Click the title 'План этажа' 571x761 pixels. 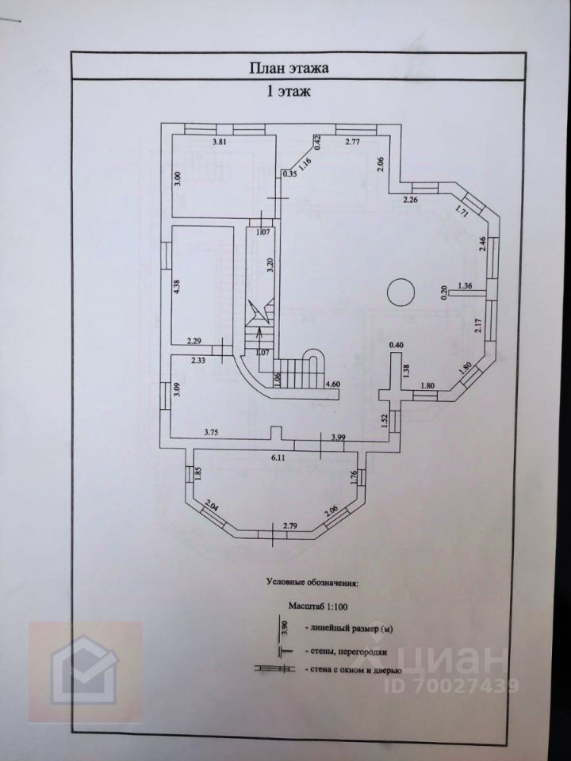pos(289,68)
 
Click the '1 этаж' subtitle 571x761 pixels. pos(288,93)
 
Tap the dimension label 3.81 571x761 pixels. pos(220,143)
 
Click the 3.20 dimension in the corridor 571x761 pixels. pos(270,265)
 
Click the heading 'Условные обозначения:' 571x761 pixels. pos(312,583)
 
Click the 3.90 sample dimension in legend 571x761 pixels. pos(285,629)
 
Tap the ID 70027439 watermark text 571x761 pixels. pos(451,685)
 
